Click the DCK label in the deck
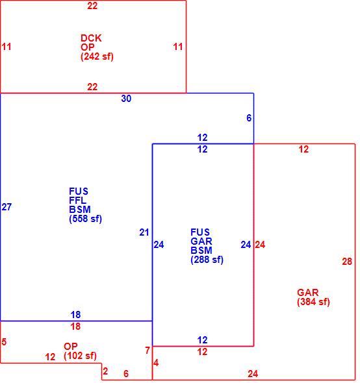click(91, 38)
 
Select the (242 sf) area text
click(97, 56)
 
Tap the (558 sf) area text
click(85, 219)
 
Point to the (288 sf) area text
click(207, 260)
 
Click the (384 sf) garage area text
click(313, 302)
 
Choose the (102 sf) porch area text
click(80, 356)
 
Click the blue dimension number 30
click(126, 99)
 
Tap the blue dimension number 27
click(6, 207)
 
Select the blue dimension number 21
click(144, 232)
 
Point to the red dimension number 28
click(347, 262)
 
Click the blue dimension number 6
click(249, 118)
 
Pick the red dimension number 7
click(148, 351)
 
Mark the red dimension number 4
click(156, 363)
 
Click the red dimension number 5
click(4, 342)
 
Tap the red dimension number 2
click(105, 371)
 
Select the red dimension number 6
click(126, 374)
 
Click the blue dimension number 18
click(75, 315)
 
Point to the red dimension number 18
click(75, 327)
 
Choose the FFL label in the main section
click(78, 201)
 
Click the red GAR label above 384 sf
click(308, 293)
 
